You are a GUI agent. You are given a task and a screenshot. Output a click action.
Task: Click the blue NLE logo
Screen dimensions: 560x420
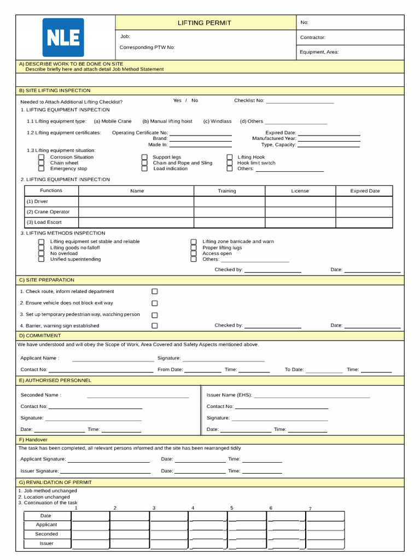pyautogui.click(x=63, y=37)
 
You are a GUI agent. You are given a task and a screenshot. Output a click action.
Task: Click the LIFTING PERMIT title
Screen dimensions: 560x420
pyautogui.click(x=204, y=23)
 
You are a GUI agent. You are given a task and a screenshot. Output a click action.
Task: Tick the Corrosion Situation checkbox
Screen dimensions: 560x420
pyautogui.click(x=42, y=157)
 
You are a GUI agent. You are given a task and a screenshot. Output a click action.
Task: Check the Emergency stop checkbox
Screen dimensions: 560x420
pyautogui.click(x=42, y=169)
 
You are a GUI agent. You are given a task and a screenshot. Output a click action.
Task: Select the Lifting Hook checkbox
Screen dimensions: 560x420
pyautogui.click(x=230, y=157)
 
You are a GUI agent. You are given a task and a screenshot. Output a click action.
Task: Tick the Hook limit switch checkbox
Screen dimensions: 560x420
pyautogui.click(x=230, y=163)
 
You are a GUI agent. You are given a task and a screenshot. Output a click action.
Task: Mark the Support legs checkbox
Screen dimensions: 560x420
pyautogui.click(x=144, y=157)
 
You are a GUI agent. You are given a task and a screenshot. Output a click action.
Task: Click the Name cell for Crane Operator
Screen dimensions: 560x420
pyautogui.click(x=136, y=212)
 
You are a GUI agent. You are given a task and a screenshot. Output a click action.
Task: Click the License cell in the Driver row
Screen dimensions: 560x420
pyautogui.click(x=300, y=202)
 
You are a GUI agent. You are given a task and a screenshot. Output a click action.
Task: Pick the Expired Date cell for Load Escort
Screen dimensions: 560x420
pyautogui.click(x=364, y=223)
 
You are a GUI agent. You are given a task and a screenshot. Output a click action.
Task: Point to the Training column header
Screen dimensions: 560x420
pyautogui.click(x=227, y=191)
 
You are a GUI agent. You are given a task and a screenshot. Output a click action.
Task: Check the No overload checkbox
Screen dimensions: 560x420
pyautogui.click(x=42, y=254)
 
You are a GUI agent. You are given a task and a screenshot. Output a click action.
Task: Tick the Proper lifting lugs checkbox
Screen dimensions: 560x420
pyautogui.click(x=194, y=248)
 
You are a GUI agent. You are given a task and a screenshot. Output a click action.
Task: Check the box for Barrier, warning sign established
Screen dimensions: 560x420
pyautogui.click(x=155, y=326)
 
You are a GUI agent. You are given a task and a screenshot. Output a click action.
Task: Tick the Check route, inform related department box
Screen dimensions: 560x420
pyautogui.click(x=155, y=291)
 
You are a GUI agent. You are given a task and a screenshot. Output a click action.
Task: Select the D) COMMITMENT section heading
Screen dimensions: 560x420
pyautogui.click(x=40, y=336)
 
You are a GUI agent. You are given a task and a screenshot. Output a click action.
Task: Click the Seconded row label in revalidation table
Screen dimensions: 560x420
pyautogui.click(x=46, y=534)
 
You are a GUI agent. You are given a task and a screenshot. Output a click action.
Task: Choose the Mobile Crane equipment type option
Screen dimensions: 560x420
pyautogui.click(x=113, y=121)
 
